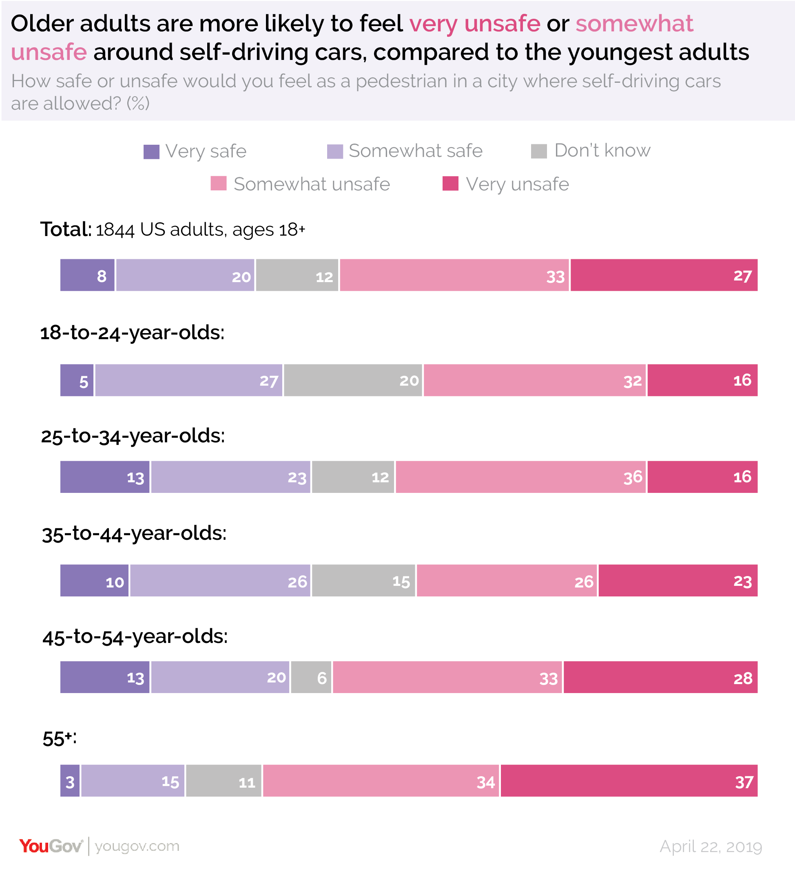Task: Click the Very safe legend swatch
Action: point(151,152)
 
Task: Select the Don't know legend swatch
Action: point(538,151)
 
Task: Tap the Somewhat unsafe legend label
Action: point(311,184)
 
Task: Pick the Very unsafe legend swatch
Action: point(450,183)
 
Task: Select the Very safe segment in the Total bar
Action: point(87,275)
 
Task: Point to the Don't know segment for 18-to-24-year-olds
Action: point(352,380)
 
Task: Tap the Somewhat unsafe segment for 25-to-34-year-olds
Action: point(520,477)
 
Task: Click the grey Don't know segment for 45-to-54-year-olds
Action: point(311,678)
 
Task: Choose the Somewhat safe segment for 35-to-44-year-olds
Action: point(220,581)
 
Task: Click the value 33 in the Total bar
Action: point(555,277)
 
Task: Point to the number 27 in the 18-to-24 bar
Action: point(268,381)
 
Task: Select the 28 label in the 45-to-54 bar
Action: point(742,679)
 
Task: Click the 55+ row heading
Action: point(59,739)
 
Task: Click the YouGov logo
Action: point(51,846)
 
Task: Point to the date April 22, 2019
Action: point(711,847)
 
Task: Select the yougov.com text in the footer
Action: point(137,846)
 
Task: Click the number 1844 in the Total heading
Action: point(115,230)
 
